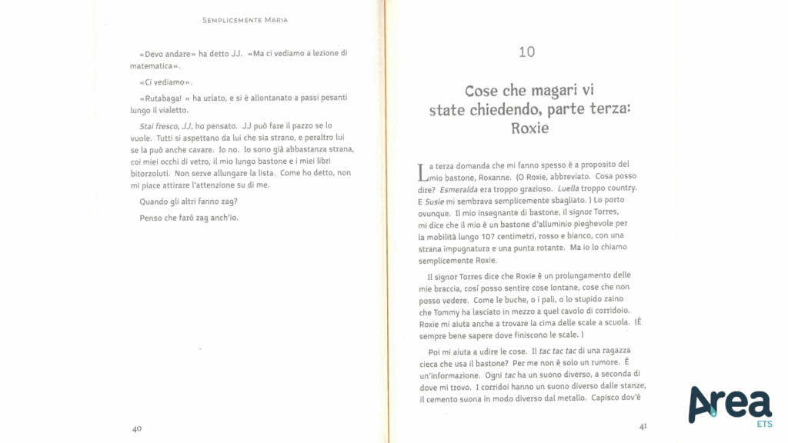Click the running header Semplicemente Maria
[x=245, y=20]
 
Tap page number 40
[x=136, y=428]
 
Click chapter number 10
[x=526, y=52]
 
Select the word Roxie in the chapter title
[x=529, y=128]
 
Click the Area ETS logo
[x=730, y=405]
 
